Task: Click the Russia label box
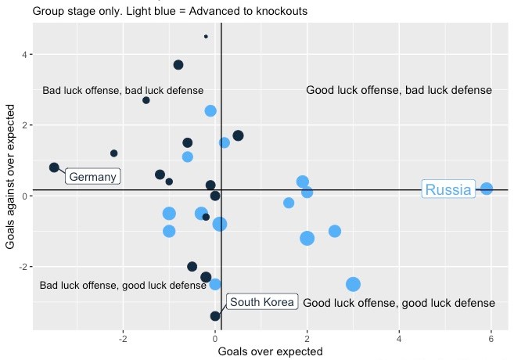click(x=449, y=189)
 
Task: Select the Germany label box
click(x=93, y=177)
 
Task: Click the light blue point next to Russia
click(x=487, y=189)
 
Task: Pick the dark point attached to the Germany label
click(x=54, y=167)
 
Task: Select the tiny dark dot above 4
click(x=206, y=36)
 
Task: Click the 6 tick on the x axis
click(x=491, y=339)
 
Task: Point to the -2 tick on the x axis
click(x=123, y=339)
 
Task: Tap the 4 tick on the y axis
click(x=24, y=55)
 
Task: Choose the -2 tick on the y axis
click(x=23, y=267)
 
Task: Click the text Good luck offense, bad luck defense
click(x=398, y=91)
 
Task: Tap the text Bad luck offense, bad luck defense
click(x=123, y=91)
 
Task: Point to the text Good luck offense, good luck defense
click(x=398, y=303)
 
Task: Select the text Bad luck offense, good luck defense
click(x=123, y=286)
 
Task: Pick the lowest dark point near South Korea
click(x=215, y=316)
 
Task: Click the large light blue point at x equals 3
click(x=353, y=284)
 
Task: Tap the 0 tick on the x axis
click(x=215, y=339)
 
